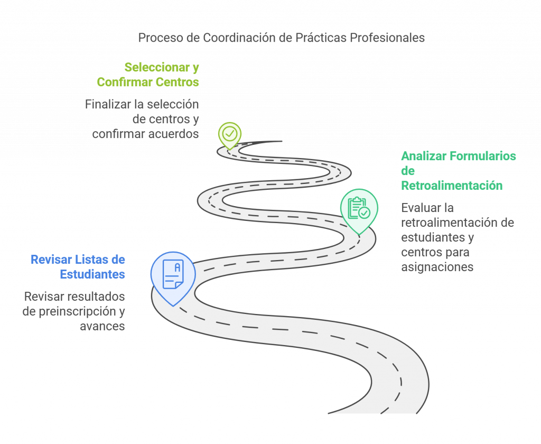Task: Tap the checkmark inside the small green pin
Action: point(229,134)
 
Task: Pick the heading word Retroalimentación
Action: point(452,186)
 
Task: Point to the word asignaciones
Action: point(437,267)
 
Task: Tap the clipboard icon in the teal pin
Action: point(359,208)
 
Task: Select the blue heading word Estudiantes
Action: point(92,274)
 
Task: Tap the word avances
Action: point(102,326)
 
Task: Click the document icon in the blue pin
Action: point(173,274)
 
